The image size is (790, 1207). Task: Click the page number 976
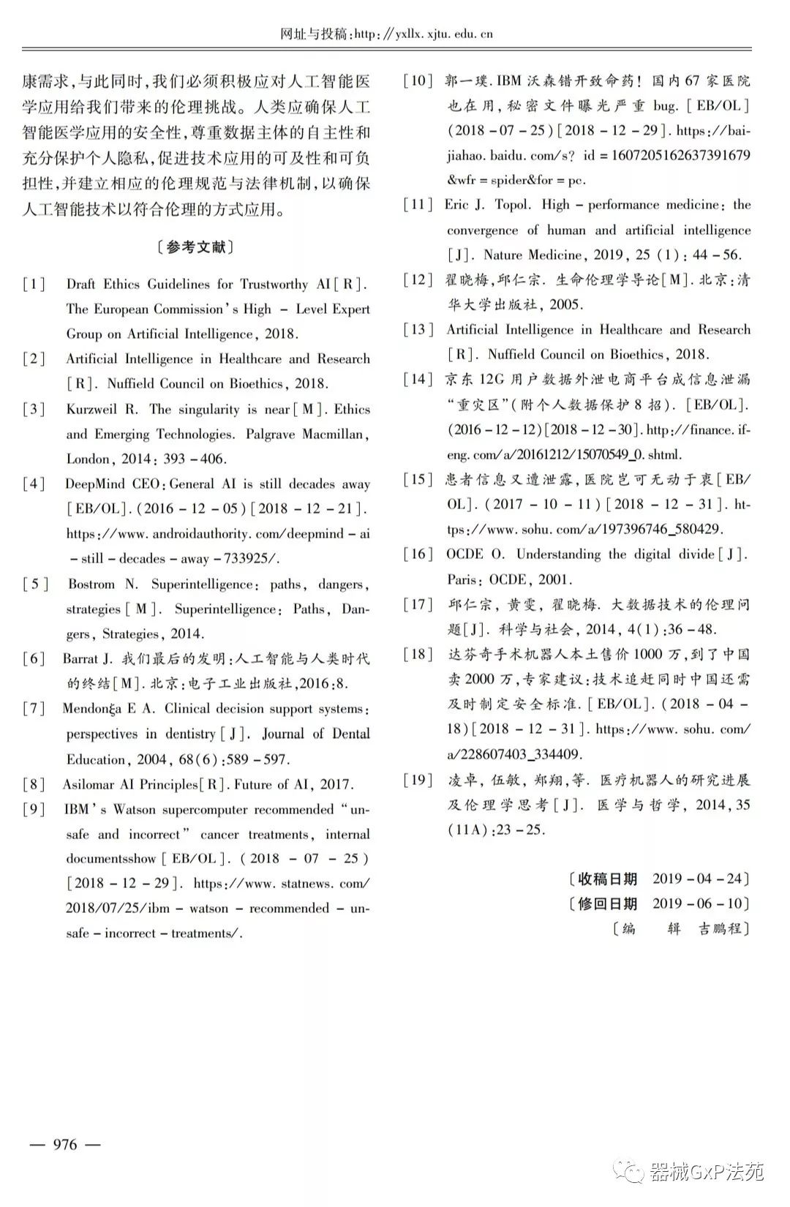64,1145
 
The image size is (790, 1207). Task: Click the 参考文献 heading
196,247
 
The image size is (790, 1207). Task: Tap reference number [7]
34,708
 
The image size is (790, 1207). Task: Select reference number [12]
418,279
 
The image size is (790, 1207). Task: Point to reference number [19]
418,780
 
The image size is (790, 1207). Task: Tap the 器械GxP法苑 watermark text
706,1173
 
